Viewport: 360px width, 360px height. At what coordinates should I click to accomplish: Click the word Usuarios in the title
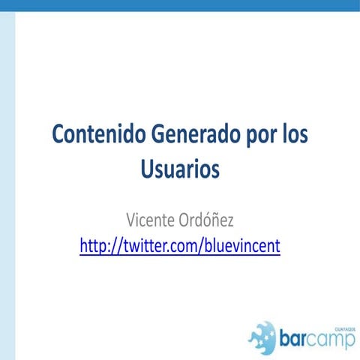(180, 168)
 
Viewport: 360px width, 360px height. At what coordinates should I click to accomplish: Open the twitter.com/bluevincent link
(180, 245)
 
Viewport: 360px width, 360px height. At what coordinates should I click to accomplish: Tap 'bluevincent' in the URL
(241, 245)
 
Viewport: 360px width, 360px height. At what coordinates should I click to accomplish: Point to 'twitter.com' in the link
(157, 245)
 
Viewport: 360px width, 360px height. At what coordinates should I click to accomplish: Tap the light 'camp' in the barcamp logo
(331, 338)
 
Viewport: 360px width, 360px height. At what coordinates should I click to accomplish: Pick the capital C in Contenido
(58, 136)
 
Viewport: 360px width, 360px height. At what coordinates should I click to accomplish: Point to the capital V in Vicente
(133, 222)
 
